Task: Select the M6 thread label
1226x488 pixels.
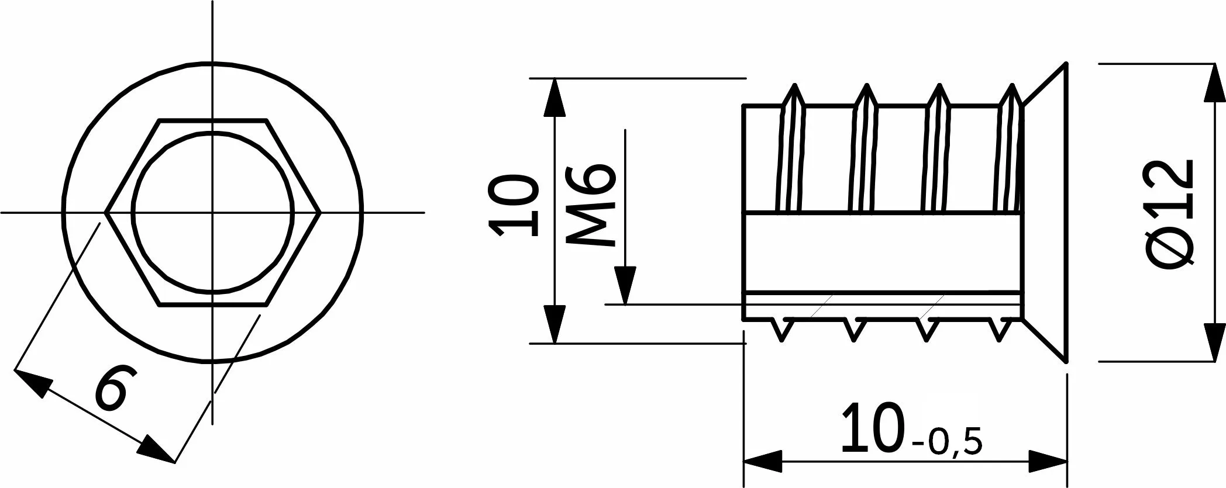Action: tap(591, 205)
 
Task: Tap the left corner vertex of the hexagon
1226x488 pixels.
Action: tap(105, 212)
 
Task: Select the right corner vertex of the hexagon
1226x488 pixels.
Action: tap(320, 212)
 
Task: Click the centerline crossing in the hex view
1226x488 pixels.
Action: tap(212, 212)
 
